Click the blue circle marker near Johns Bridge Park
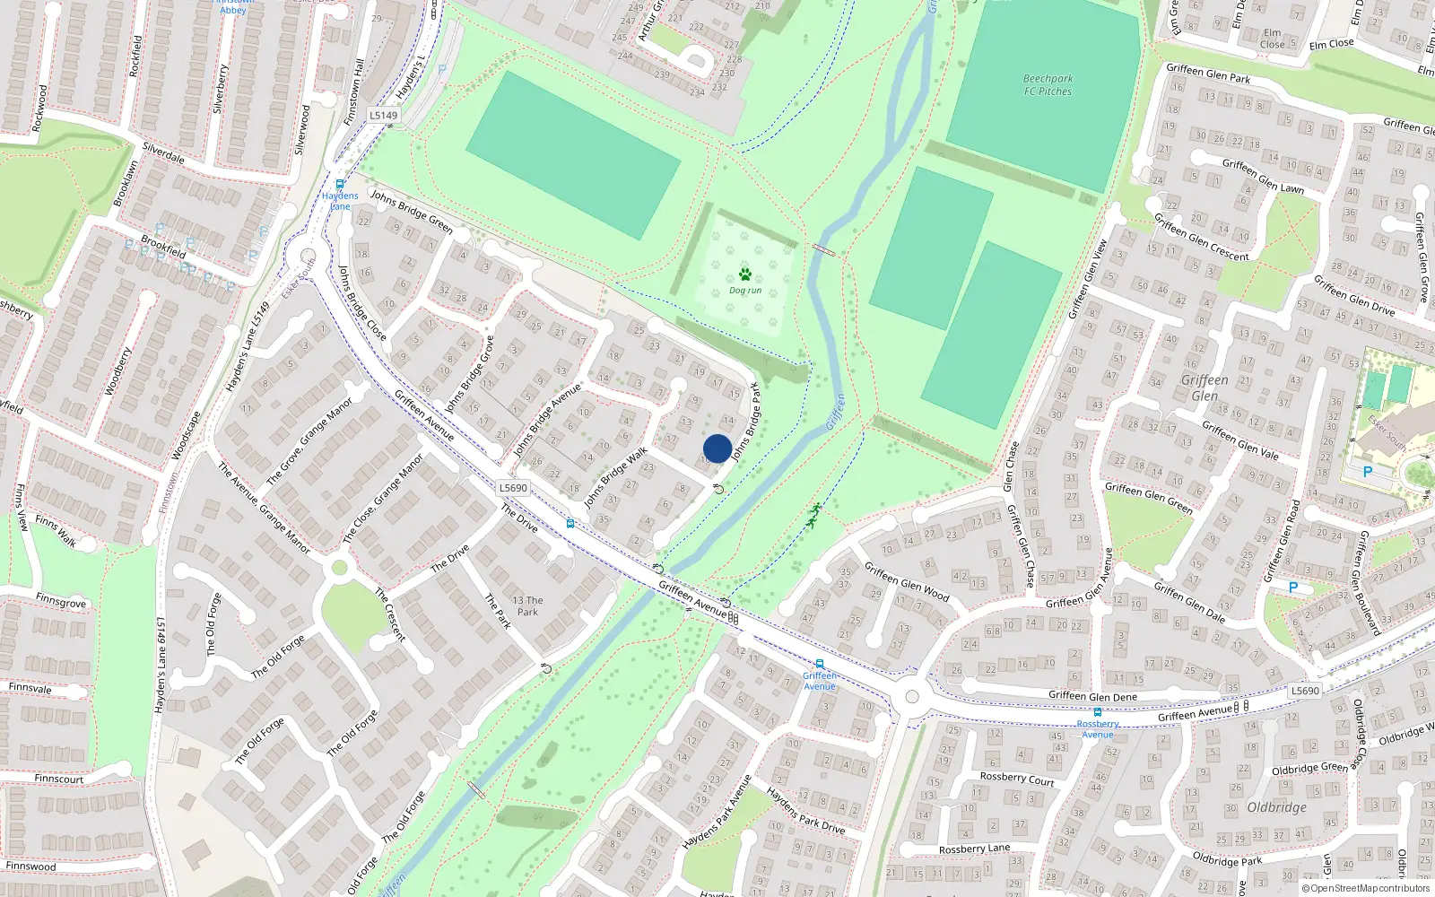coord(717,448)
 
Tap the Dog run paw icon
coord(744,274)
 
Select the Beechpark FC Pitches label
coord(1048,85)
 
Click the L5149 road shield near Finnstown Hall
coord(383,116)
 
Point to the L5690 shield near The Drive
coord(513,488)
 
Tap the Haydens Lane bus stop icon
coord(340,185)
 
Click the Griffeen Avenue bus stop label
coord(819,681)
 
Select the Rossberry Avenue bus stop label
coord(1098,729)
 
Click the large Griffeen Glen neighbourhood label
coord(1205,388)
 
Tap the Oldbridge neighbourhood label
coord(1276,807)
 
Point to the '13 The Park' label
coord(527,606)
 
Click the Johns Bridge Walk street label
coord(615,478)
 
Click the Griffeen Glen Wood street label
coord(906,581)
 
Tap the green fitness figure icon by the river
coord(814,515)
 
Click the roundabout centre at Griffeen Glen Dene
coord(912,697)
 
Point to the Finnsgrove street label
coord(61,601)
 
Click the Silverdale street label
coord(163,153)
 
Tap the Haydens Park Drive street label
coord(805,811)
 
